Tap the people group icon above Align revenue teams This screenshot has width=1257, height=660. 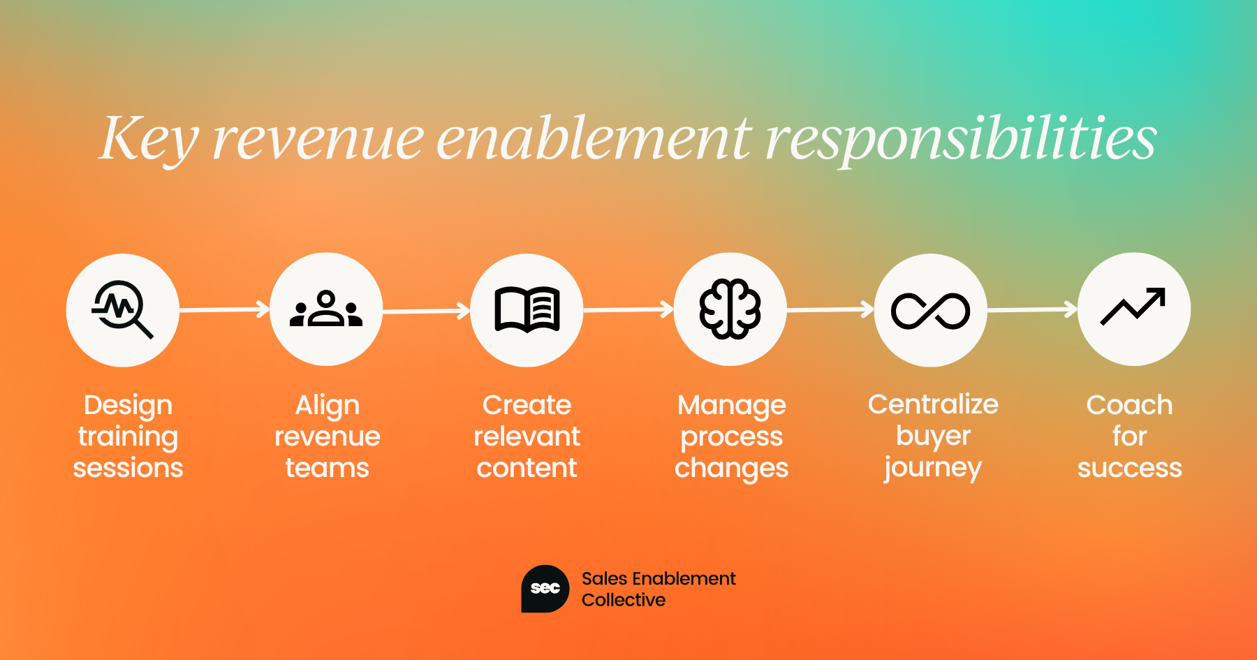point(326,309)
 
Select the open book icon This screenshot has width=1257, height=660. point(527,309)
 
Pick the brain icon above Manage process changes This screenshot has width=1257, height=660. point(730,309)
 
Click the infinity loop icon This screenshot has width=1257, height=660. point(930,310)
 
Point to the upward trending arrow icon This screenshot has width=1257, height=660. point(1133,307)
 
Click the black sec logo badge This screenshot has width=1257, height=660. point(545,589)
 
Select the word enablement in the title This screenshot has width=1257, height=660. point(594,138)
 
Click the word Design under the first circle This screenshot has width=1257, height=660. point(128,406)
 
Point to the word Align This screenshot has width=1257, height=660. point(328,406)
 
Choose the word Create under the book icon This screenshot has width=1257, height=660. point(527,405)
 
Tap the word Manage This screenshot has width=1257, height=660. point(732,406)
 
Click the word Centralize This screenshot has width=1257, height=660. point(933,404)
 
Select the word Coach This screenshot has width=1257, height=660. point(1129,405)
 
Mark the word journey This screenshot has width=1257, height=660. point(933,468)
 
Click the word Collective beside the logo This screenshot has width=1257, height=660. point(624,600)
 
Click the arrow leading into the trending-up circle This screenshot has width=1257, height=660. point(1033,309)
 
